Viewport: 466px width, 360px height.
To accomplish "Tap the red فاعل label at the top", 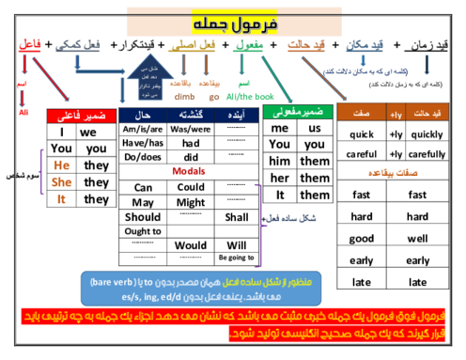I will point(30,43).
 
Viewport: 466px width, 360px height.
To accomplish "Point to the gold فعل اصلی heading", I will point(182,45).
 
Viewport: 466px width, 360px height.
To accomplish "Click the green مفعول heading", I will point(247,45).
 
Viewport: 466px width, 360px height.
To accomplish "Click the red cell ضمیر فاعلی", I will point(82,117).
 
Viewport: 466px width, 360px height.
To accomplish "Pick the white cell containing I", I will point(62,133).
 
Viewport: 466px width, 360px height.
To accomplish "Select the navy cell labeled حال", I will point(143,115).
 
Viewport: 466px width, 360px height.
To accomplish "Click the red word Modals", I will point(189,170).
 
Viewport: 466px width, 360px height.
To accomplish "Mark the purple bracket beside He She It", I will point(42,171).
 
